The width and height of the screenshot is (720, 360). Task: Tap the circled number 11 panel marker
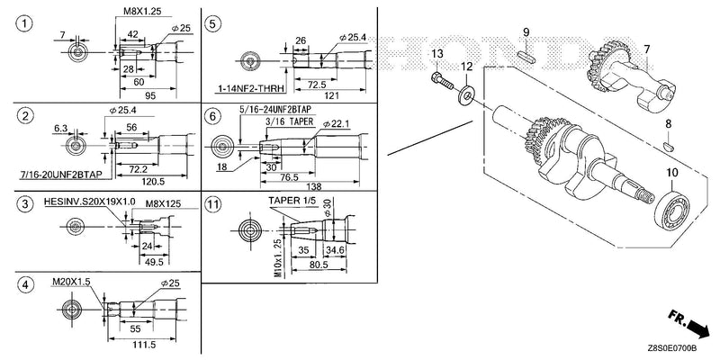212,205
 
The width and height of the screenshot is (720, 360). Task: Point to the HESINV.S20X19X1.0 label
89,202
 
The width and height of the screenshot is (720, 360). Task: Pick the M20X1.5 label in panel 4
70,281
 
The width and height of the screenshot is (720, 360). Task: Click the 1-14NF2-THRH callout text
251,88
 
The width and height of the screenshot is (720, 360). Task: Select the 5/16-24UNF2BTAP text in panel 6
275,109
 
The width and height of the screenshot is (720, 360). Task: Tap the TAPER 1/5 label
290,201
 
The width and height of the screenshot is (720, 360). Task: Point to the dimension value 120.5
153,182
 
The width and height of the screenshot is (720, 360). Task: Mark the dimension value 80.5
319,265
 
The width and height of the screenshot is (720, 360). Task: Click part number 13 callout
437,54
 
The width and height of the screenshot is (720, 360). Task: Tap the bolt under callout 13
442,82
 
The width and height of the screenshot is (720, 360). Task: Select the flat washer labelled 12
467,95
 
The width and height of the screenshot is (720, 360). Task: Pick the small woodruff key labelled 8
669,147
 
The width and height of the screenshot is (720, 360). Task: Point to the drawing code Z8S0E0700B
672,348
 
